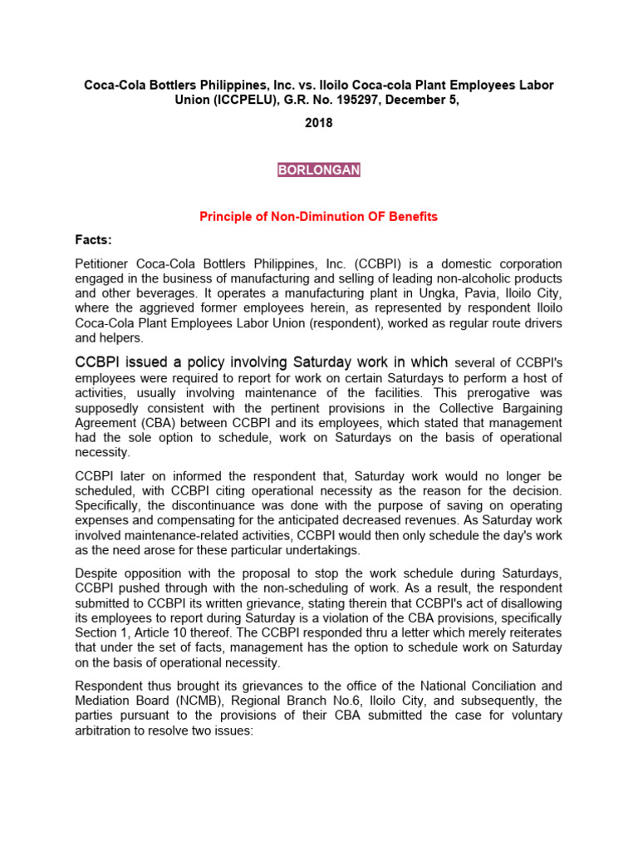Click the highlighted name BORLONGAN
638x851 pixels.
pos(318,170)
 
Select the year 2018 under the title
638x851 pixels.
pos(318,122)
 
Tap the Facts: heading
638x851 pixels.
pos(94,240)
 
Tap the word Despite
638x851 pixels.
pos(96,573)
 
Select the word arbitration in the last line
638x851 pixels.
pos(106,730)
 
